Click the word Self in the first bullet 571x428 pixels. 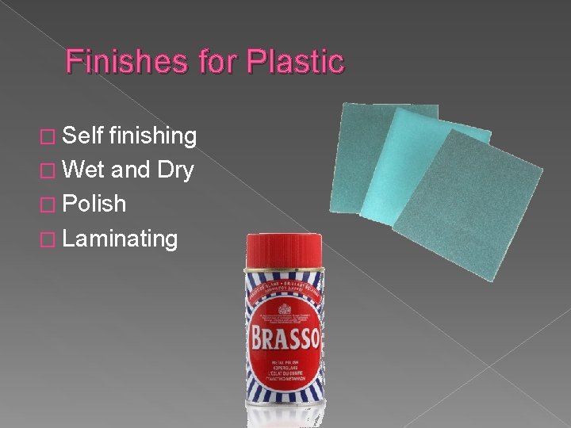(x=82, y=136)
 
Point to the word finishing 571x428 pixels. (x=153, y=136)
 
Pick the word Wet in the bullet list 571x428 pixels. (x=83, y=170)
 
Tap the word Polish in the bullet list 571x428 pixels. (x=94, y=204)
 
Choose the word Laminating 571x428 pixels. (x=120, y=238)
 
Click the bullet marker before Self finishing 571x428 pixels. (x=49, y=136)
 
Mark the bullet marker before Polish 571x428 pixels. (x=49, y=204)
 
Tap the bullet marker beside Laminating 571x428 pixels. (x=49, y=239)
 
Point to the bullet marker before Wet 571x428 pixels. (x=49, y=170)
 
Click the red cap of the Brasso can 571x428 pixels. (x=283, y=250)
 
